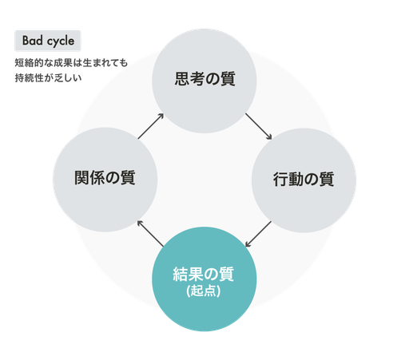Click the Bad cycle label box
point(48,41)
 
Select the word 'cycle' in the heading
point(61,42)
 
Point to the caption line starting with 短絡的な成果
point(71,63)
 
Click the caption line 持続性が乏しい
point(48,77)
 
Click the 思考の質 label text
point(204,79)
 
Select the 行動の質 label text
point(304,179)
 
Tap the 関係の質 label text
point(105,177)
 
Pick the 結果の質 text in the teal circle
point(204,274)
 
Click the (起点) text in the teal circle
point(204,291)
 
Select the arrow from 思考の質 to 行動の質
point(258,126)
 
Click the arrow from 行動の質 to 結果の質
point(258,234)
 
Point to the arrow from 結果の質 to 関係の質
point(150,234)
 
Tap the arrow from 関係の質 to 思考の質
point(151,126)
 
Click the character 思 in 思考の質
point(182,79)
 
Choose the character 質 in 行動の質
point(327,179)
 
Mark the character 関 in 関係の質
point(81,177)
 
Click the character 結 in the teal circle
point(181,274)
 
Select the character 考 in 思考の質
point(197,79)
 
